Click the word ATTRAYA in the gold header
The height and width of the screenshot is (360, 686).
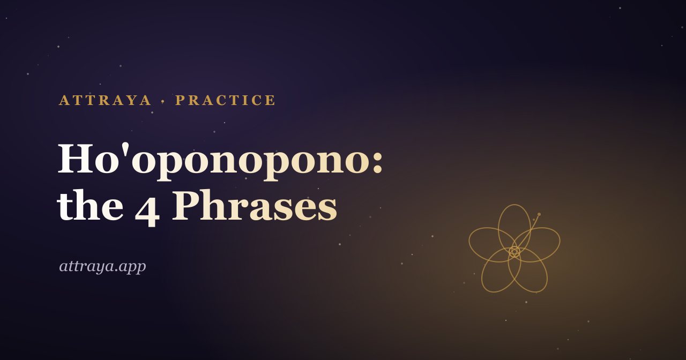tap(105, 100)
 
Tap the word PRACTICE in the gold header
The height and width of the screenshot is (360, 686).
tap(226, 100)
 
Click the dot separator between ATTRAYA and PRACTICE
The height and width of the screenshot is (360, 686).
tap(163, 101)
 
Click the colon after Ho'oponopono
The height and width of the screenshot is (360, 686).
tap(378, 162)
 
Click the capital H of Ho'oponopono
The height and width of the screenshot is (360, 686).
tap(76, 159)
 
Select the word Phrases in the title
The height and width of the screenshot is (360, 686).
tap(255, 205)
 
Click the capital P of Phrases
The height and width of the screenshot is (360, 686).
tap(185, 205)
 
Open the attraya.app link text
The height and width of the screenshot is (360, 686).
tap(102, 267)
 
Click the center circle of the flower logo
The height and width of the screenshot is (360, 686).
tap(514, 252)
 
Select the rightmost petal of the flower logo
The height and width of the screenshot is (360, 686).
tap(560, 242)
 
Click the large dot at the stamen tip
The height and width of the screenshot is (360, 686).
tap(539, 214)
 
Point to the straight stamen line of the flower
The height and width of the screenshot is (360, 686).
tap(527, 233)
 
